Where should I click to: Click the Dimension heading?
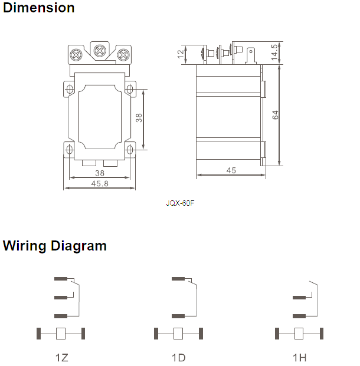[39, 8]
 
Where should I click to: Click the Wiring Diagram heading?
[55, 246]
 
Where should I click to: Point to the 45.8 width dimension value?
[100, 183]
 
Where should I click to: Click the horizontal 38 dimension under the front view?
[100, 173]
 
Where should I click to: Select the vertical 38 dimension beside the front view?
[139, 118]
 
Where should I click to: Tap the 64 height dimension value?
[276, 116]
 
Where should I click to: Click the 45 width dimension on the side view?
[231, 170]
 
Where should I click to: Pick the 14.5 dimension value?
[274, 51]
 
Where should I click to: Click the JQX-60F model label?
[181, 203]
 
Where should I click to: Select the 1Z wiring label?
[61, 358]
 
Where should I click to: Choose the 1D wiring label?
[179, 358]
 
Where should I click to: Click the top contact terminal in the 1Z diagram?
[60, 278]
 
